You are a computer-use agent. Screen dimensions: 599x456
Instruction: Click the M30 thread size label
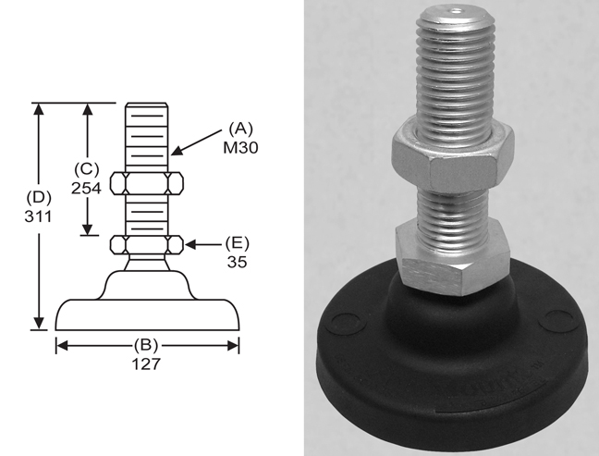coord(240,148)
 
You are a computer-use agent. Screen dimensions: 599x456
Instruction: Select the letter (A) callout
coord(240,129)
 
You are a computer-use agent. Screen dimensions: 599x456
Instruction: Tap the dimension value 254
coord(87,188)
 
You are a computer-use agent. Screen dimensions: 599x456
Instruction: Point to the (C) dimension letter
coord(87,169)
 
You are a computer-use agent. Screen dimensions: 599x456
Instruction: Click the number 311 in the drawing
coord(38,216)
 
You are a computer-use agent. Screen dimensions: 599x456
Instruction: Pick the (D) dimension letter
coord(39,198)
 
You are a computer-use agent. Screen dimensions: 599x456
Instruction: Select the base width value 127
coord(146,364)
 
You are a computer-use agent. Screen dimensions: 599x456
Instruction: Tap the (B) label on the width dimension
coord(145,345)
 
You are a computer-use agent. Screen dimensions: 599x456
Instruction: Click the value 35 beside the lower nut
coord(238,262)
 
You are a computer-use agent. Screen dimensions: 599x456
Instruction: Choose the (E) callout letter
coord(238,243)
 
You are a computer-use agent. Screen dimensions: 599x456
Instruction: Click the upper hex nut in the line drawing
coord(147,183)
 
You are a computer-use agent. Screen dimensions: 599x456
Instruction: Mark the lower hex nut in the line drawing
coord(147,244)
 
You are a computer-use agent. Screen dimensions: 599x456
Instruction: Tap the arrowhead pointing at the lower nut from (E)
coord(190,244)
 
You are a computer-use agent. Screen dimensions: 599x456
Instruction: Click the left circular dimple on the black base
coord(347,324)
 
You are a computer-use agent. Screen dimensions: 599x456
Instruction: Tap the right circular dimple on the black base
coord(559,320)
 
